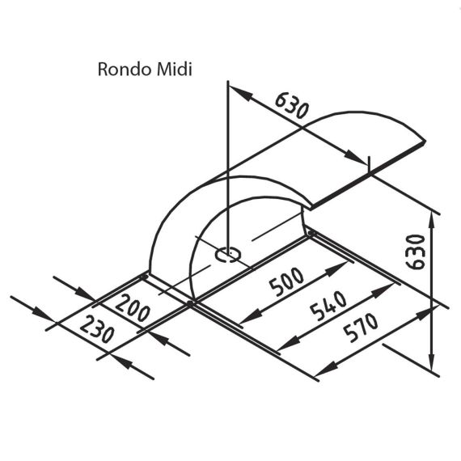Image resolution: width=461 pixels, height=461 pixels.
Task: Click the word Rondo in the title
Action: tap(125, 70)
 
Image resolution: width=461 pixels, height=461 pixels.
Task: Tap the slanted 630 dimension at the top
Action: tap(292, 105)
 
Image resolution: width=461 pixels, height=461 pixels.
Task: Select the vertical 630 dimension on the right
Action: tap(415, 252)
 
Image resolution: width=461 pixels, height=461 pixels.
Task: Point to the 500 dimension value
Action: tap(286, 281)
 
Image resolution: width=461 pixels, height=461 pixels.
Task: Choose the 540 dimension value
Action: tap(328, 306)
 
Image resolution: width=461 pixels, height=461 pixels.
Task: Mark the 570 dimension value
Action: tap(361, 328)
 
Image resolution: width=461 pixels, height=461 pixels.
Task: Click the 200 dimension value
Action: tap(133, 308)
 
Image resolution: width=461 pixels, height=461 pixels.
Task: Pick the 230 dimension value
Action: tap(97, 328)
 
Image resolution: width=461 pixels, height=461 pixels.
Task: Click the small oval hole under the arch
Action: tap(228, 254)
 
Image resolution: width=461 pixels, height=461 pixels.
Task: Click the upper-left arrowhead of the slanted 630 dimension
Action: tap(241, 93)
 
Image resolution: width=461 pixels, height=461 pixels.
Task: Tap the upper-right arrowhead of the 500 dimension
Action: tap(337, 269)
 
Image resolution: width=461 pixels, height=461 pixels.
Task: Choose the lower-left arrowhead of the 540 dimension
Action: tap(289, 343)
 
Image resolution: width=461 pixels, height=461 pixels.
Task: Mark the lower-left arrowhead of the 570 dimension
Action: tap(327, 368)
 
